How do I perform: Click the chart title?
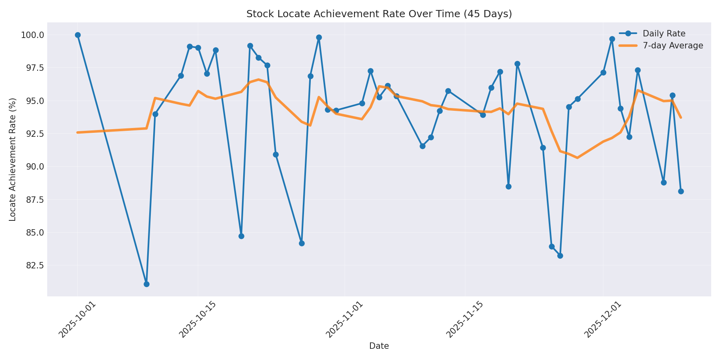[x=379, y=14]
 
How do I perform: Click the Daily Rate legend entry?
[x=664, y=34]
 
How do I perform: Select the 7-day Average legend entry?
[x=672, y=46]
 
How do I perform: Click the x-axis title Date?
[x=379, y=346]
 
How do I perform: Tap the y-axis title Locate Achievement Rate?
[x=13, y=159]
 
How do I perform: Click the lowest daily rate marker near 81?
[x=146, y=284]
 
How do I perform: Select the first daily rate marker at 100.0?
[x=78, y=35]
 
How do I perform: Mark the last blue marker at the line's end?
[x=681, y=191]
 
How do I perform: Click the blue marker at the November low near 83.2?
[x=560, y=256]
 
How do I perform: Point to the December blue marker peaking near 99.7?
[x=612, y=39]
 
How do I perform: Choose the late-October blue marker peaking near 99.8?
[x=319, y=38]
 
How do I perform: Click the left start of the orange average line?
[x=78, y=132]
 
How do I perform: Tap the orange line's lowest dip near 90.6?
[x=577, y=158]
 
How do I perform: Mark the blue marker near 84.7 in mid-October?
[x=241, y=236]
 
